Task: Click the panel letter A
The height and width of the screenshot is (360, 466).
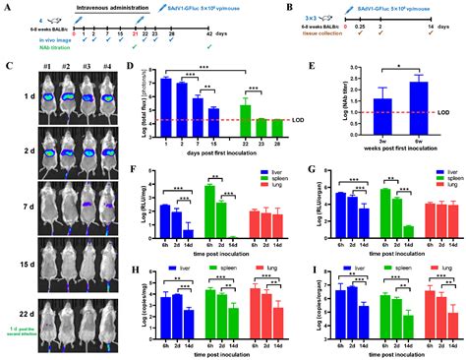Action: coord(9,7)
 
